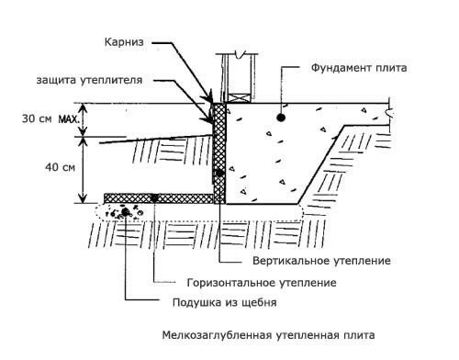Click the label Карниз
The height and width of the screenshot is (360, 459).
[x=124, y=42]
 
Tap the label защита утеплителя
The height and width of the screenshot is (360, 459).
[x=89, y=80]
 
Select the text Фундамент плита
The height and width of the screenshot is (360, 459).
[x=359, y=68]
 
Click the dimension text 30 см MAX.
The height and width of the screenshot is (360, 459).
[x=50, y=118]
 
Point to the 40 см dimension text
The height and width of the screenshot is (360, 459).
[x=60, y=167]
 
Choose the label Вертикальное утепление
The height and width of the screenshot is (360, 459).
[x=321, y=261]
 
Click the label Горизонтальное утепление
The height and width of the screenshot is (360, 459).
[x=262, y=282]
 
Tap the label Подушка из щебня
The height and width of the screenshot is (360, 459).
[x=225, y=302]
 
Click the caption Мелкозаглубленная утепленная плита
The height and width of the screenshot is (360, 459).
[x=268, y=335]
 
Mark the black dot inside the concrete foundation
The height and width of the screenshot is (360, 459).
[x=281, y=117]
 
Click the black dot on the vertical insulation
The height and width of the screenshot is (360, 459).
[x=220, y=174]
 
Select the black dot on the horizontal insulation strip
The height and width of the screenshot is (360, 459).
[x=155, y=198]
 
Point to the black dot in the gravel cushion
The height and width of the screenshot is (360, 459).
[x=125, y=211]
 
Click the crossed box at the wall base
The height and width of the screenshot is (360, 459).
[x=239, y=98]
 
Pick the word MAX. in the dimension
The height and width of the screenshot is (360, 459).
[x=69, y=118]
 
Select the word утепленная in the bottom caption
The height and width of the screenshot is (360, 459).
[x=307, y=335]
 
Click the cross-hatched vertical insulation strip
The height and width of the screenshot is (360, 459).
[x=219, y=153]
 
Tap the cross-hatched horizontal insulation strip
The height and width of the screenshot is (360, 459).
[x=159, y=198]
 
